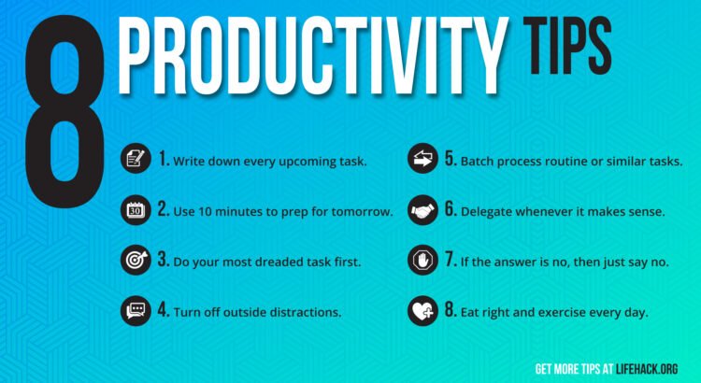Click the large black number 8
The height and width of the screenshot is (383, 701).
[65, 112]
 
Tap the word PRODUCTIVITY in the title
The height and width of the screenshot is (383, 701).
[311, 55]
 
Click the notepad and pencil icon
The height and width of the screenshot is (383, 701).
[136, 158]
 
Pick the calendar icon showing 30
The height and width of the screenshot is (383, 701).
[136, 210]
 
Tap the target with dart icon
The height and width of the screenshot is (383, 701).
[136, 260]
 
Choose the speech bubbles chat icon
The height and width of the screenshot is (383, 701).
[136, 310]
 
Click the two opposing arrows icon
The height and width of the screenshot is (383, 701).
[422, 158]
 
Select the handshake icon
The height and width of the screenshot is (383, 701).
[422, 210]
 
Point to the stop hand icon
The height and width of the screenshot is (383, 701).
[422, 260]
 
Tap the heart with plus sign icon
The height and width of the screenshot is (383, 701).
[422, 310]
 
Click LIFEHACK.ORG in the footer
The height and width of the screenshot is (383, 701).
[647, 369]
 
